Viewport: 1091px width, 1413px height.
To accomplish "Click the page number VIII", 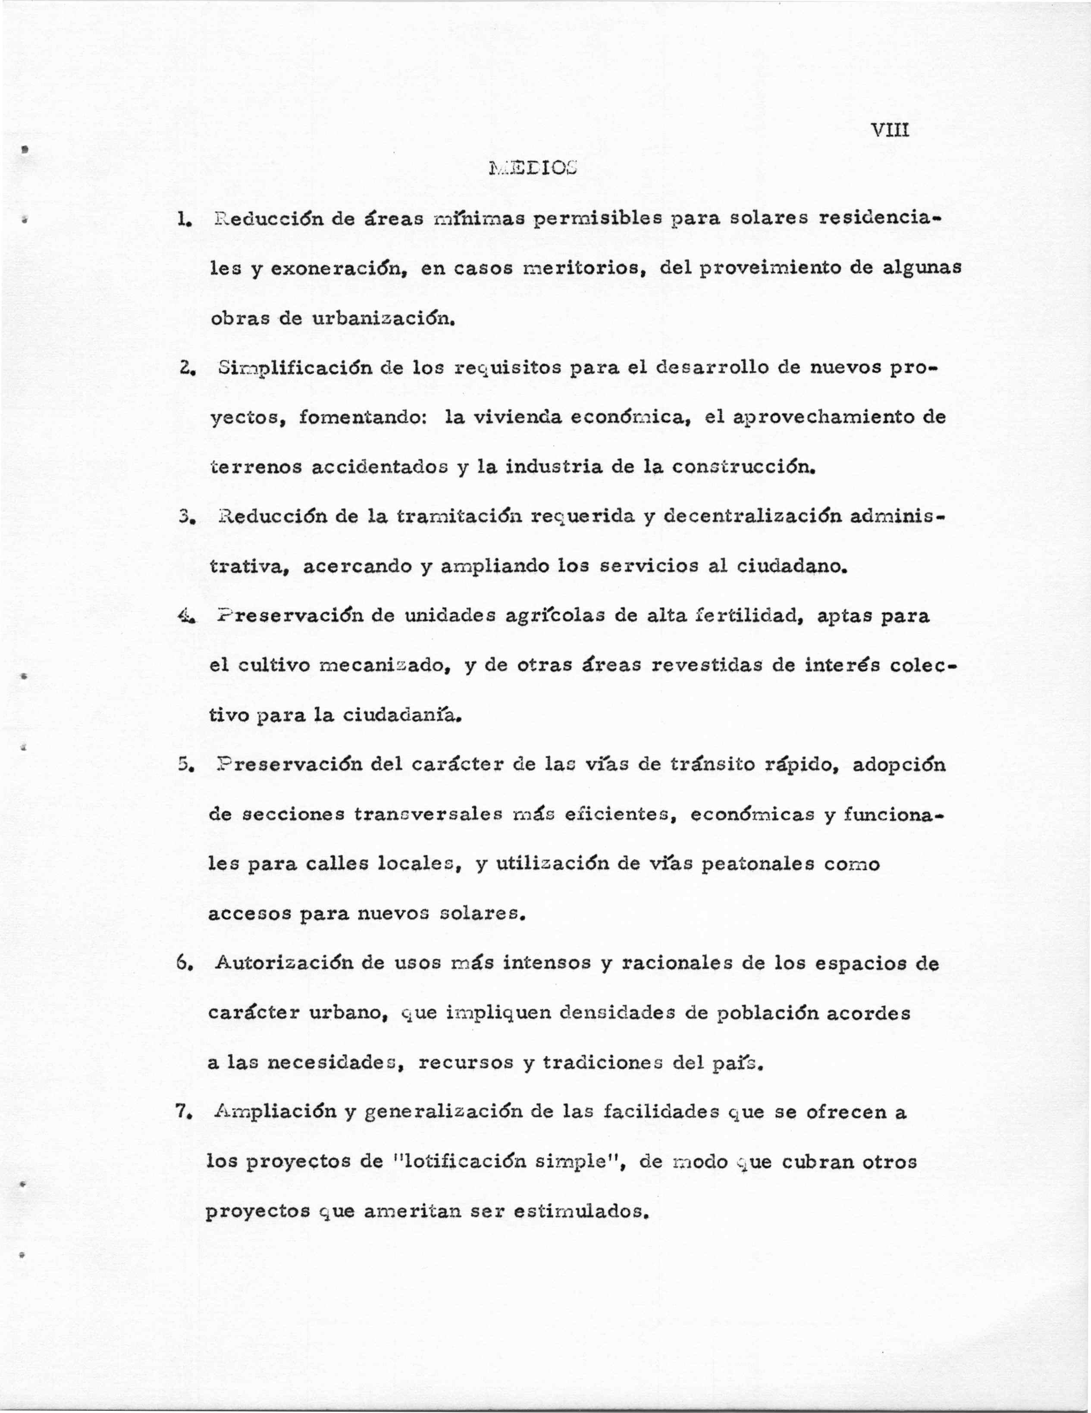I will (x=890, y=131).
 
